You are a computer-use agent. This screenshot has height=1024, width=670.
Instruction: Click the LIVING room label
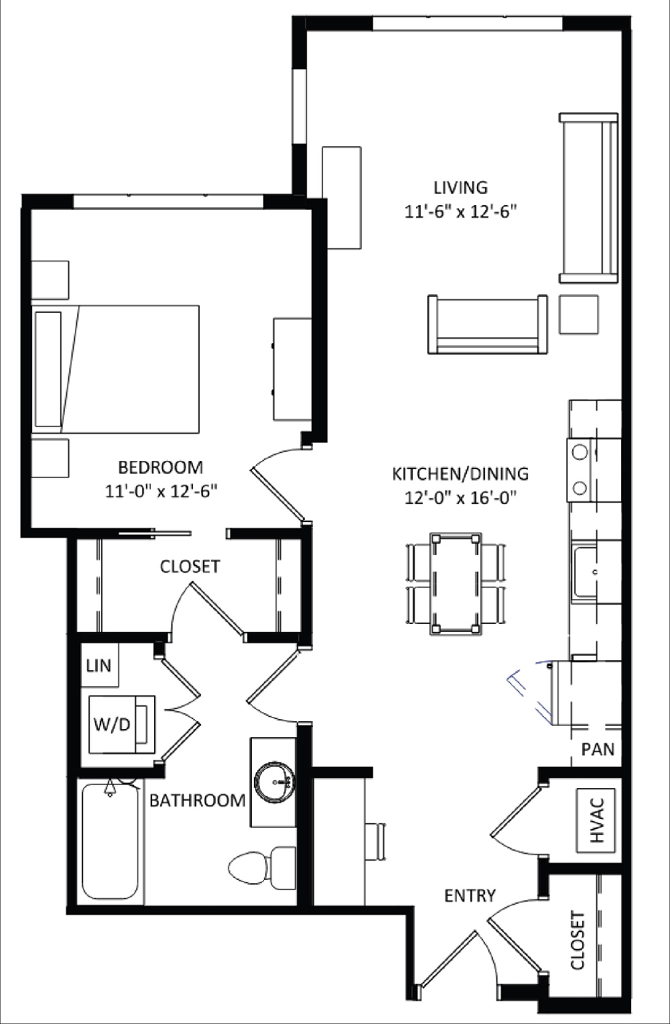[460, 187]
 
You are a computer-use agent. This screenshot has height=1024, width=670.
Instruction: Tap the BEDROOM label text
[160, 466]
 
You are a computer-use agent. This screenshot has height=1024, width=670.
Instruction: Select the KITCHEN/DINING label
[460, 474]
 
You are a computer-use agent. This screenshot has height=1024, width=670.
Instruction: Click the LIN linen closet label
[98, 665]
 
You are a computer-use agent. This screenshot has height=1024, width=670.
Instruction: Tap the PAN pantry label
[597, 749]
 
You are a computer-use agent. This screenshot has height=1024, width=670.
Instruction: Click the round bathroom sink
[274, 781]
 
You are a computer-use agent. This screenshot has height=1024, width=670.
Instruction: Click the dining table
[456, 583]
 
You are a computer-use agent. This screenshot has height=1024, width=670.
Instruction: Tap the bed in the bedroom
[117, 368]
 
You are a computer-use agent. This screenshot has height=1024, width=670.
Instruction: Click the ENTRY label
[470, 895]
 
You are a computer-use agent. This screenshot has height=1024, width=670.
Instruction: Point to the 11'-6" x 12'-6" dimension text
[460, 212]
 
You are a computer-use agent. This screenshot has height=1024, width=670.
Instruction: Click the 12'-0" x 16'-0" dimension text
[460, 498]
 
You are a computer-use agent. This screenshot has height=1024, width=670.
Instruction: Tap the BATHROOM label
[197, 800]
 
